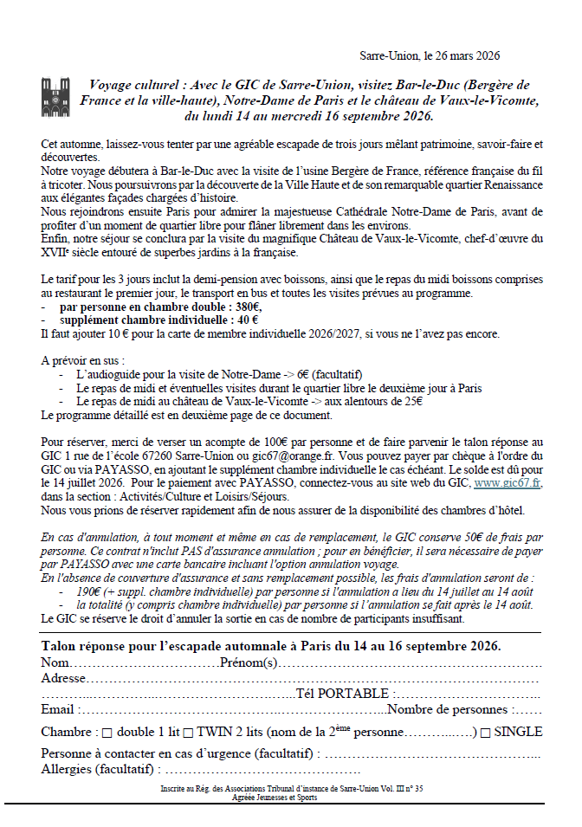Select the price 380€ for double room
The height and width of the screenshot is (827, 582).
coord(247,307)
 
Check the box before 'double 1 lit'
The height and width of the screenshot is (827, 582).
coord(107,733)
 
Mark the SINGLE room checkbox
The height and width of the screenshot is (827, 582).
coord(486,733)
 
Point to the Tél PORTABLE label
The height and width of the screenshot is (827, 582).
coord(345,694)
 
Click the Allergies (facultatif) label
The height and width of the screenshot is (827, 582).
coord(98,769)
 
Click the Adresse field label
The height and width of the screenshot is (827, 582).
coord(64,678)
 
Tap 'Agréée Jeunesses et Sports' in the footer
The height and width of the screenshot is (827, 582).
coord(274,798)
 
